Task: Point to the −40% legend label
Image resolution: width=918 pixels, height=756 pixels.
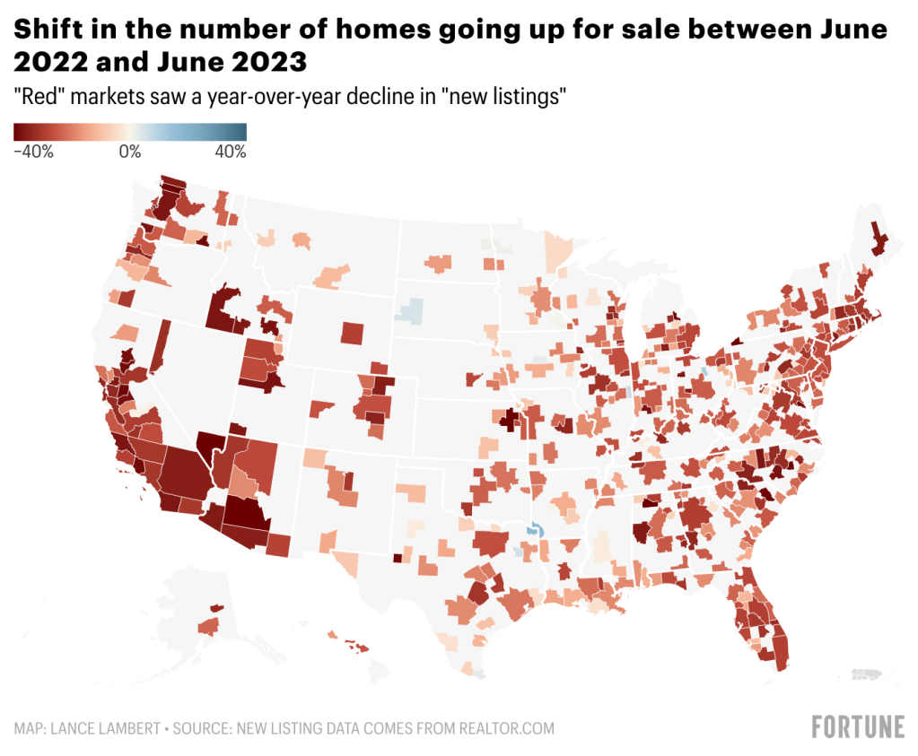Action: (x=34, y=152)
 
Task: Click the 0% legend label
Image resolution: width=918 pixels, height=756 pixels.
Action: (x=130, y=152)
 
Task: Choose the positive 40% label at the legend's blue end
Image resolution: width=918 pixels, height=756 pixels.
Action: (x=230, y=152)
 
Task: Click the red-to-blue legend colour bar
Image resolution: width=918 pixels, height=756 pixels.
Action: (x=130, y=132)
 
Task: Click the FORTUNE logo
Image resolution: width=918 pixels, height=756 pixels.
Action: (x=857, y=726)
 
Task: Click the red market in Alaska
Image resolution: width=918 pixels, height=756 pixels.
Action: (x=207, y=625)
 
